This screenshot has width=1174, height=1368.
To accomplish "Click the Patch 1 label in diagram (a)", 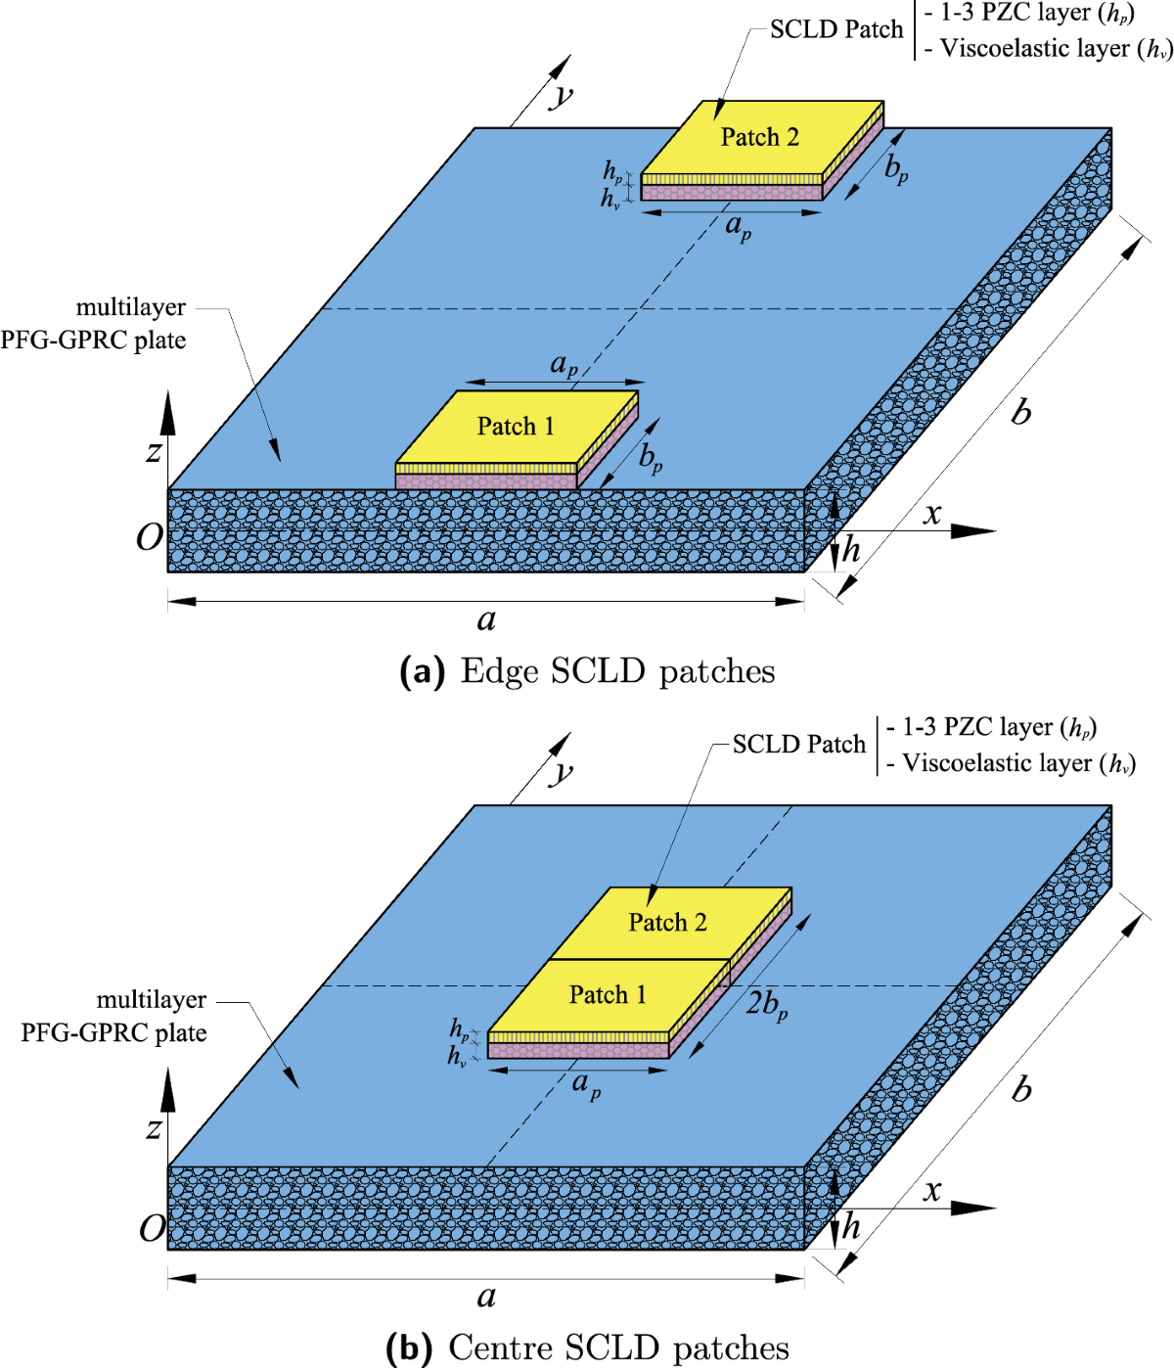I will click(516, 427).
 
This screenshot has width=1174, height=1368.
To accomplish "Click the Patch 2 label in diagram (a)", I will click(759, 137).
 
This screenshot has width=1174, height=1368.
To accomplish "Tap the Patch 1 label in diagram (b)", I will click(608, 995).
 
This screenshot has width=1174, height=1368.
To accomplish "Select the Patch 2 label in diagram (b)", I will click(667, 923).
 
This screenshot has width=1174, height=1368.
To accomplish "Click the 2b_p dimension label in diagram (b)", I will click(766, 1004).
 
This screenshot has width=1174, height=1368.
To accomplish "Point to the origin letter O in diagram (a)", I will click(149, 537).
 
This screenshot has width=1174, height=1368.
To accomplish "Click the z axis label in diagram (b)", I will click(154, 1129).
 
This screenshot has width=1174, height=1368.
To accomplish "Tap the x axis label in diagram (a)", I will click(932, 514).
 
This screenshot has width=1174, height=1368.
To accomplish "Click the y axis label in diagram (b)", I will click(562, 772).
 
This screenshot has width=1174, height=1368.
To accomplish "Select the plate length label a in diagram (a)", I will click(486, 619).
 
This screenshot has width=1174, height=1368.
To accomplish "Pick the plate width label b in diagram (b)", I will click(1021, 1088).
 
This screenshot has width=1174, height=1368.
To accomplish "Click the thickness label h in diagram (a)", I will click(852, 550).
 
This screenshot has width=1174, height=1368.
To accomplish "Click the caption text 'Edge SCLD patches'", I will click(617, 671).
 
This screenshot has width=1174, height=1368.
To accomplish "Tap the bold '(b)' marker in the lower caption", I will click(410, 1348).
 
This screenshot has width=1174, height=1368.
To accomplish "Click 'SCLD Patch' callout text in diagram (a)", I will click(835, 29).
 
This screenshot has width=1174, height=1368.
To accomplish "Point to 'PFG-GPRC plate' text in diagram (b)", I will click(113, 1033).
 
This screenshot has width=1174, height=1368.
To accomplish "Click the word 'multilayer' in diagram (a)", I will click(131, 307).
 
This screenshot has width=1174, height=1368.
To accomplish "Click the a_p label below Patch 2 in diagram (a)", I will click(738, 227).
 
